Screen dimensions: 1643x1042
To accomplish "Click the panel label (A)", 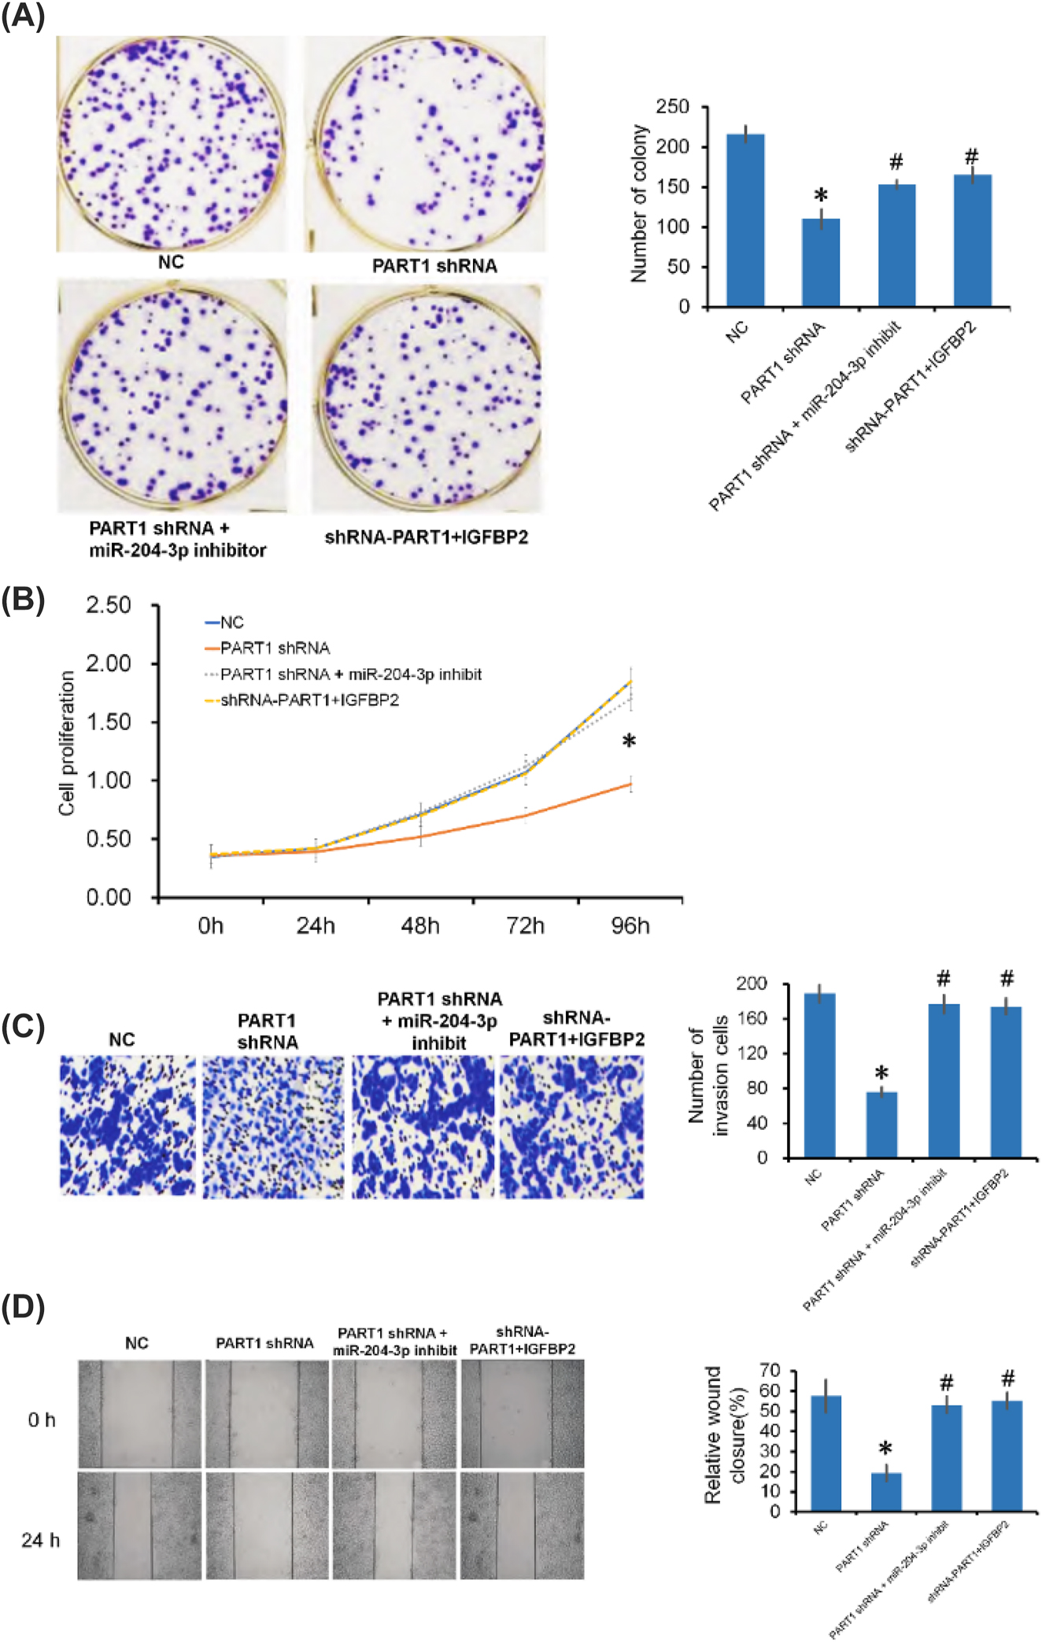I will [23, 16].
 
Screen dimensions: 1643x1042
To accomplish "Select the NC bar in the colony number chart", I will [745, 220].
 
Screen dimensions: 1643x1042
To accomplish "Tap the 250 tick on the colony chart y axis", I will [672, 106].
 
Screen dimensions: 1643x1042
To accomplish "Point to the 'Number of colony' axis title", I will [638, 203].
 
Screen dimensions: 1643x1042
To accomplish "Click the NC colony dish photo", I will [172, 144].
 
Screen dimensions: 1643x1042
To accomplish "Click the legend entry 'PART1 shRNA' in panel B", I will [275, 648].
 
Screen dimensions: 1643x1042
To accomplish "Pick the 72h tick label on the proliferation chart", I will [525, 926].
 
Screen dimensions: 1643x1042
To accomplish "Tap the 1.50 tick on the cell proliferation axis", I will [109, 722].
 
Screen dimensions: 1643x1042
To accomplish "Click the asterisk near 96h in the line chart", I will [629, 741].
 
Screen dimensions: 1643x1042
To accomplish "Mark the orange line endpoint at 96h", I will [630, 784].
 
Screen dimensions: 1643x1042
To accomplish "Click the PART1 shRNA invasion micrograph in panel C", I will [273, 1127].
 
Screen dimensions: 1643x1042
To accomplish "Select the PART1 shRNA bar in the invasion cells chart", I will [881, 1124].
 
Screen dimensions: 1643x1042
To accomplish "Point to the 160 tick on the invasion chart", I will [751, 1018].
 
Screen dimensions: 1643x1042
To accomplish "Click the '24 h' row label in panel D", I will [40, 1540].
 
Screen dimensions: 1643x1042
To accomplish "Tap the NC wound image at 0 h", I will [139, 1414].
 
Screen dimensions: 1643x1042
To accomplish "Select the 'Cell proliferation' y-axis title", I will [67, 743].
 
